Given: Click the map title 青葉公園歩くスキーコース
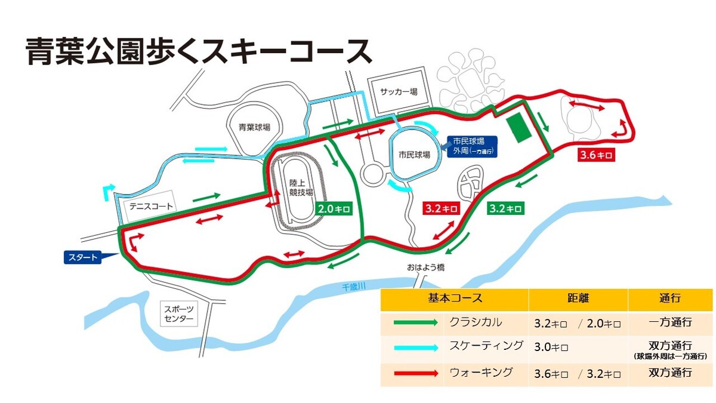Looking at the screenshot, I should (199, 51).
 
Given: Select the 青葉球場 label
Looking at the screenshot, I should (254, 127).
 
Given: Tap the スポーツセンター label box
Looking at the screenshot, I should (179, 313).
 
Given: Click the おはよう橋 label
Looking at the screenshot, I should (427, 267).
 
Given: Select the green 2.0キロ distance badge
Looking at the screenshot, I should (334, 209).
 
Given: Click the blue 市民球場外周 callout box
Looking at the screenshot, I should (473, 146).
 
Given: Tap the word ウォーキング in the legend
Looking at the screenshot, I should (479, 373).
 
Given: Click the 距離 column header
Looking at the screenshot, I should (578, 299).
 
